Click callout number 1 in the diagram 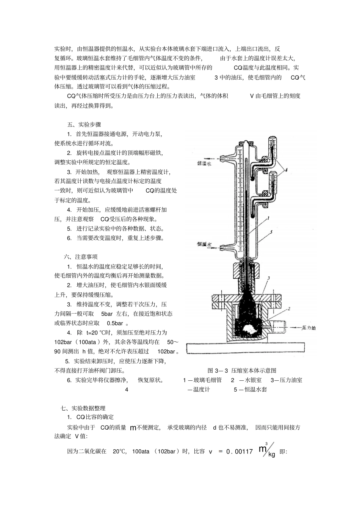pos(268,218)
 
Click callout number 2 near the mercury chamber pos(289,309)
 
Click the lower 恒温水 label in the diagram pos(204,245)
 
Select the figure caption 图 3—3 pos(242,370)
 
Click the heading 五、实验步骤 pos(84,124)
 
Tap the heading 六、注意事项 pos(81,257)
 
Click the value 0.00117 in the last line pos(239,452)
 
